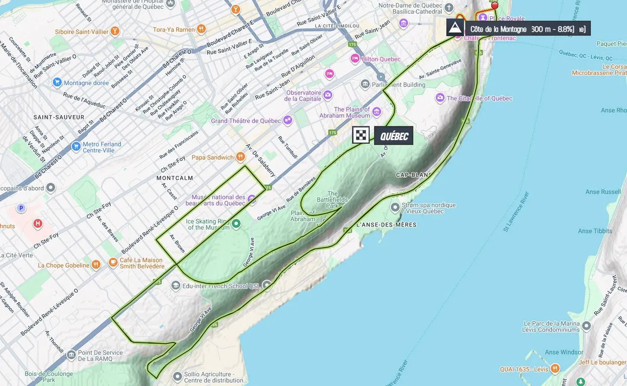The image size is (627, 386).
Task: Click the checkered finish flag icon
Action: tap(361, 135)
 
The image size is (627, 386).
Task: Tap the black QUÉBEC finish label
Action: tap(394, 136)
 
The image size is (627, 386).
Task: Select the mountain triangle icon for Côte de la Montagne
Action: tap(455, 27)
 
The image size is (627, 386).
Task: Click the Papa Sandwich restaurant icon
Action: tap(240, 157)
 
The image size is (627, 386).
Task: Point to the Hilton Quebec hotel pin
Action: tap(355, 59)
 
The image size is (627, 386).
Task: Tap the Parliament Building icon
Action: tap(365, 84)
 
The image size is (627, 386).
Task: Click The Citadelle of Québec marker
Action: tap(440, 98)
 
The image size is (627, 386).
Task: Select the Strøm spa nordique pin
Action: tap(395, 208)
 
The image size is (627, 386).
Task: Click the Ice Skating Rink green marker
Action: tap(236, 224)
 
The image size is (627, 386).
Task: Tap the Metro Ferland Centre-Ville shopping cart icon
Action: tap(75, 146)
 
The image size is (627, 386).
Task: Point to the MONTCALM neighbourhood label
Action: tap(175, 178)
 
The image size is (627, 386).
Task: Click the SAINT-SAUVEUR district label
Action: tap(59, 117)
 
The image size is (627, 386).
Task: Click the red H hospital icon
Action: tap(38, 224)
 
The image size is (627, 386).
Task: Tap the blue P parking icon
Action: tap(21, 208)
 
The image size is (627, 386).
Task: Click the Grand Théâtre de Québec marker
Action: tap(288, 120)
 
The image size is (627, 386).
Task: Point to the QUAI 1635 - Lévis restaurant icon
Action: tap(555, 368)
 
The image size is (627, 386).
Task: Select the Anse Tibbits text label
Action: tap(595, 231)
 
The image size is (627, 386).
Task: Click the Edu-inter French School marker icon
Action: tap(175, 285)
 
